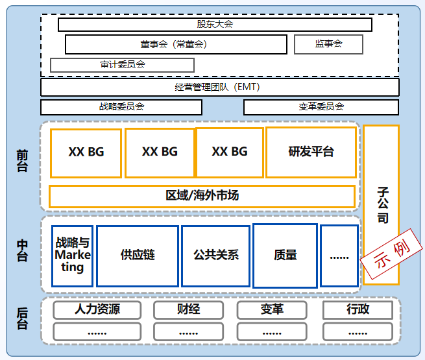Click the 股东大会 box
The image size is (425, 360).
click(215, 25)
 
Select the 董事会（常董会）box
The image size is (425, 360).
click(176, 44)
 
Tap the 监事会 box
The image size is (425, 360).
click(328, 44)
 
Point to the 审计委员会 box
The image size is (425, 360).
click(122, 65)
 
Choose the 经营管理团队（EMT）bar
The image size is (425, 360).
click(220, 87)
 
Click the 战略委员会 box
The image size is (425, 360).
click(121, 107)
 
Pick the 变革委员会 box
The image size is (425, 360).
click(321, 107)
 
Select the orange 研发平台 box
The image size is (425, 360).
click(311, 152)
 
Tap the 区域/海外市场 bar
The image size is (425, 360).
click(202, 196)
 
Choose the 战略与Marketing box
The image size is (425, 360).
click(73, 255)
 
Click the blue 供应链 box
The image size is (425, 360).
click(138, 255)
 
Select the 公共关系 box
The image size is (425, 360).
click(215, 255)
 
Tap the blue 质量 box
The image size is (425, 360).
click(285, 255)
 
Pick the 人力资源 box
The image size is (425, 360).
click(97, 309)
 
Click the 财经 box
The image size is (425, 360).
click(188, 309)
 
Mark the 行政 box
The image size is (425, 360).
click(358, 309)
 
